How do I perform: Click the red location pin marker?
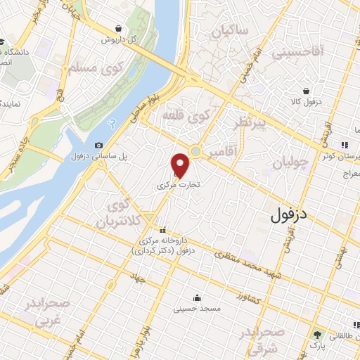coord(181,166)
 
